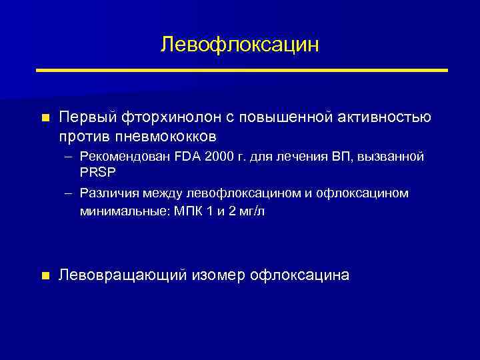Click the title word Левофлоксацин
(x=240, y=45)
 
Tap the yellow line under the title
(x=241, y=70)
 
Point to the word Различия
(x=109, y=193)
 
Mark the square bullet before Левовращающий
(x=45, y=275)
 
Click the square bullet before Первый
(x=45, y=118)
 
